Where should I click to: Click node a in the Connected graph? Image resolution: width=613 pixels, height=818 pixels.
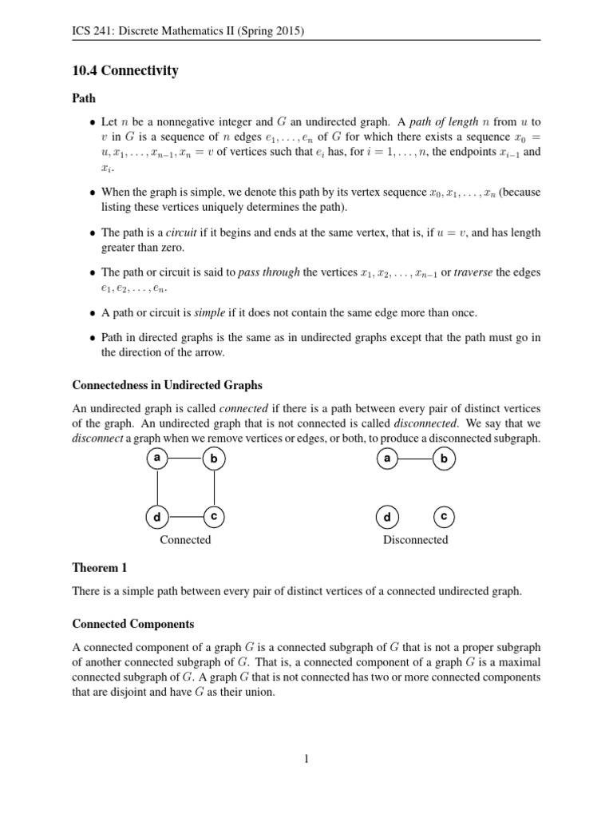[157, 459]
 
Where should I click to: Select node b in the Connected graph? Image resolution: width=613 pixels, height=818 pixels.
[214, 459]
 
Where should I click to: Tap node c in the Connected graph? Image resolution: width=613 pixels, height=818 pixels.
[214, 517]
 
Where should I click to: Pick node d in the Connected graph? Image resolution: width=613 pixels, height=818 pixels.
[157, 518]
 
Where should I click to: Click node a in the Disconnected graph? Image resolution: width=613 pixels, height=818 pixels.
[387, 459]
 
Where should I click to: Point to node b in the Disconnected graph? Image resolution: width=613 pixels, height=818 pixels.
[444, 459]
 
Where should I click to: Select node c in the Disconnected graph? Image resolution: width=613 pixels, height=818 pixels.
[444, 517]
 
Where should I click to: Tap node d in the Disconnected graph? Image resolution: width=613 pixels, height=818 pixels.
[387, 518]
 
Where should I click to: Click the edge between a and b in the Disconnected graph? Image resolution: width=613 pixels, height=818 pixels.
[415, 459]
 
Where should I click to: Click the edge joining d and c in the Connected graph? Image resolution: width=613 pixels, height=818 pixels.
[185, 518]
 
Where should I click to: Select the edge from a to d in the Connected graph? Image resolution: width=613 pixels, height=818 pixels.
[157, 488]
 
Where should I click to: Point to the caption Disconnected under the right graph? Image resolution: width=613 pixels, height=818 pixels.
[415, 540]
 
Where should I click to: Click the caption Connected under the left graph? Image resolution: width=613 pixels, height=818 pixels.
[185, 540]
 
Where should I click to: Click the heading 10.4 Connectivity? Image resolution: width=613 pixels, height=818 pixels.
[125, 71]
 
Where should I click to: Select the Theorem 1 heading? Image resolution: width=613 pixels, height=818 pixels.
[100, 568]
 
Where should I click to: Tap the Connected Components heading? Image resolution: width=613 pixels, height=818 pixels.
[133, 623]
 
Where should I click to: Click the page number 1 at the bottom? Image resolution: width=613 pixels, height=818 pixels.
[306, 759]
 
